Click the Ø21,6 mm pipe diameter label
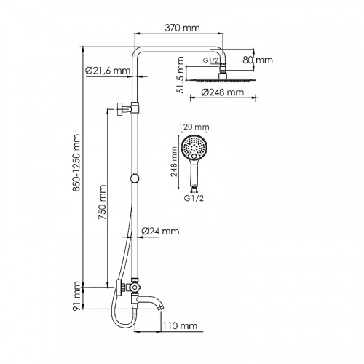click(x=106, y=71)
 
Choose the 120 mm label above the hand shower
click(x=194, y=125)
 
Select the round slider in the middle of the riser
click(x=134, y=179)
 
